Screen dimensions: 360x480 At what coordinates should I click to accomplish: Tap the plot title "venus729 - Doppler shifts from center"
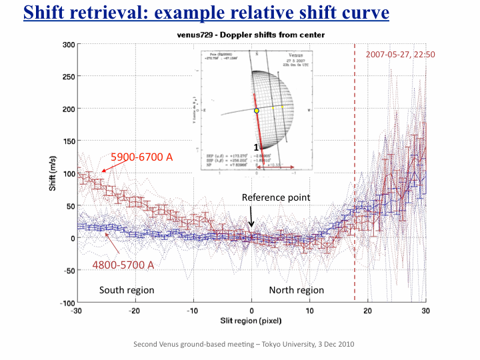(x=252, y=35)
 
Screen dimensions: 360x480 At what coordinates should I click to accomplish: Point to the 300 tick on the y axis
(x=69, y=45)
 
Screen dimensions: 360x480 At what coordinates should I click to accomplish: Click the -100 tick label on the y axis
(x=67, y=303)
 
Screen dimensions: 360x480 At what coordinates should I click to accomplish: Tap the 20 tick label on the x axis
(x=367, y=311)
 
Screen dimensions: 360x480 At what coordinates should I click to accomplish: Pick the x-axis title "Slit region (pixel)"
(x=252, y=322)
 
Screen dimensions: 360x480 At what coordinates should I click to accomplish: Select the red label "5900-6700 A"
(x=141, y=157)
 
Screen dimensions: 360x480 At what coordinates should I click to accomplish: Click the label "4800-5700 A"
(x=123, y=265)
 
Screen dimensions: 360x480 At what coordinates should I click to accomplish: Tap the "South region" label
(x=127, y=290)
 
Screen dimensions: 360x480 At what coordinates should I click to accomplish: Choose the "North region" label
(x=296, y=290)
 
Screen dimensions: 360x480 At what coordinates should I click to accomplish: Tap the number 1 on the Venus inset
(x=255, y=146)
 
